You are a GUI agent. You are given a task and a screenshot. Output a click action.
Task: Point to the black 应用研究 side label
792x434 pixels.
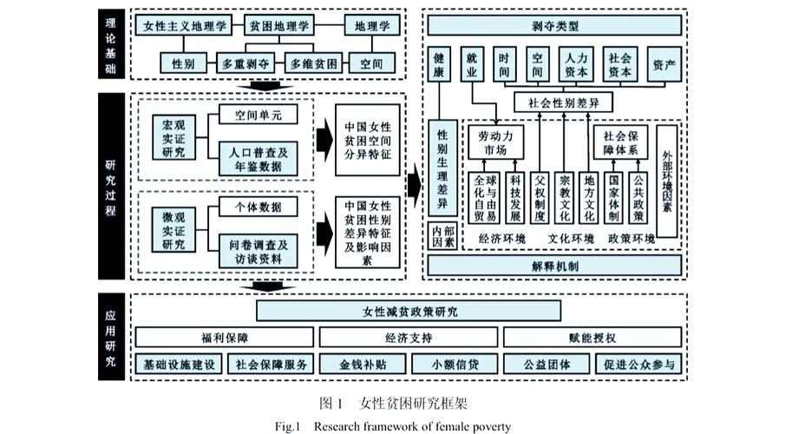111,333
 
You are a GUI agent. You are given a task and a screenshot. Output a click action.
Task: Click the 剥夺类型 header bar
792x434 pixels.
556,27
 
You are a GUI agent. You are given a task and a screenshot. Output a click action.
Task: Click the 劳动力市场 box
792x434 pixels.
495,143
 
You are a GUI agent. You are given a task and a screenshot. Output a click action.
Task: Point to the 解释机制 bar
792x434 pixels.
556,266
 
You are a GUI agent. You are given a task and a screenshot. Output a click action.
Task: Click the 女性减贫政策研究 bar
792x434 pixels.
409,310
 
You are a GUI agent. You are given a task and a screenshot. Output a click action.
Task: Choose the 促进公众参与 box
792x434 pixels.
638,364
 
